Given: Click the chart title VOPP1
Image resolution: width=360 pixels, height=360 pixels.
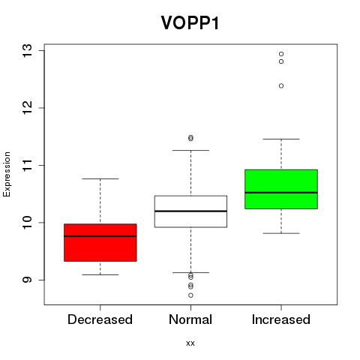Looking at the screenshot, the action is coord(190,22).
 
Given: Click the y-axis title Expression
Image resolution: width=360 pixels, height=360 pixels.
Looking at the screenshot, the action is coord(7,174).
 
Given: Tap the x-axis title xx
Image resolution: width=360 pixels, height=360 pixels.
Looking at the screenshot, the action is coord(190,343).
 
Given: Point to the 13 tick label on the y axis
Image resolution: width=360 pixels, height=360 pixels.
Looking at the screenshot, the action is coord(27,51).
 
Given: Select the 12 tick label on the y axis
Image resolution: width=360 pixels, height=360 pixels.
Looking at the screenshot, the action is coord(27,108).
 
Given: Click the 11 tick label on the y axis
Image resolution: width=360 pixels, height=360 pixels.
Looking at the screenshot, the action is coord(27,165).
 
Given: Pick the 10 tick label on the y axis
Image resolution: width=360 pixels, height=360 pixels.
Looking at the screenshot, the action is coord(27,223).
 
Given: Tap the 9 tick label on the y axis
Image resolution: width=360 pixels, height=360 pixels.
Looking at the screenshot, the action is coord(27,280).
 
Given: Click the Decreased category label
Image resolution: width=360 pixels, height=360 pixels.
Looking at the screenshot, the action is coord(100,319).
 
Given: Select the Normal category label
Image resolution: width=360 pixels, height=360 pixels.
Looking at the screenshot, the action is coord(190,319).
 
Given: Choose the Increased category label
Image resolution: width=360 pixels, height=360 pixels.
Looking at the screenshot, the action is coord(281,319).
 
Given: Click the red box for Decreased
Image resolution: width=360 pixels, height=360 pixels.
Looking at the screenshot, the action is coord(100,242).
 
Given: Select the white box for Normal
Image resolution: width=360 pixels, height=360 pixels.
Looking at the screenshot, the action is coord(190,211).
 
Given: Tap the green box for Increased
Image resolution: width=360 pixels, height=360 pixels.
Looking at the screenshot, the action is coord(281,189).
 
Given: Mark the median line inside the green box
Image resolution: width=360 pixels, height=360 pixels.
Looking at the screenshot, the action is coord(281,193).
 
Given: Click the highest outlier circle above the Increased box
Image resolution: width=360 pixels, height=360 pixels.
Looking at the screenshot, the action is coord(281,54).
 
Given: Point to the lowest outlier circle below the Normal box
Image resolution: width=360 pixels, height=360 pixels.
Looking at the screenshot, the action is coord(190,295).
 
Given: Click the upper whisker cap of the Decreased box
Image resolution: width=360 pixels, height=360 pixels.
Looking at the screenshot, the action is coord(100,178).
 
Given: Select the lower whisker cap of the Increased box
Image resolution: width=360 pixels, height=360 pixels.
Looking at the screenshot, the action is coord(281,233).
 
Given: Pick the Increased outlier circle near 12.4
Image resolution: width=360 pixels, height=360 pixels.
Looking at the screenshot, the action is coord(281,86).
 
